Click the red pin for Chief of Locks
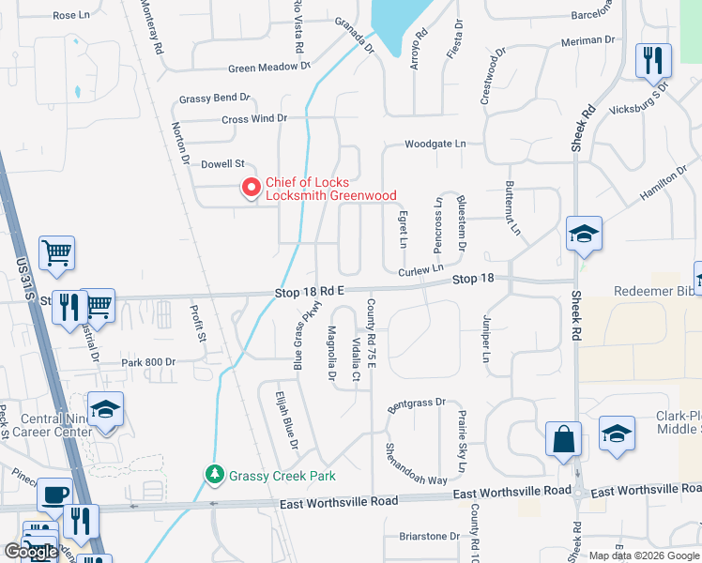pyautogui.click(x=251, y=188)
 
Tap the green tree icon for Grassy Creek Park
pyautogui.click(x=216, y=475)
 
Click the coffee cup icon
pyautogui.click(x=54, y=495)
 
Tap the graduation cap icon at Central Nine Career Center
pyautogui.click(x=106, y=410)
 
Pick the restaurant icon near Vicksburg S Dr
pyautogui.click(x=653, y=61)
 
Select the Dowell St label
pyautogui.click(x=222, y=163)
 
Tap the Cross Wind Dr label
pyautogui.click(x=253, y=119)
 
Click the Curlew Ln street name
pyautogui.click(x=419, y=271)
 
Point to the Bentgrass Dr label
pyautogui.click(x=416, y=404)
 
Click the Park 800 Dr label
pyautogui.click(x=148, y=361)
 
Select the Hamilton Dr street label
pyautogui.click(x=664, y=183)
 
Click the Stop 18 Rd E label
pyautogui.click(x=312, y=292)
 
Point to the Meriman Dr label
pyautogui.click(x=588, y=41)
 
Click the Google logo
pyautogui.click(x=32, y=552)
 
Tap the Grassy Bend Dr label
pyautogui.click(x=215, y=97)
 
